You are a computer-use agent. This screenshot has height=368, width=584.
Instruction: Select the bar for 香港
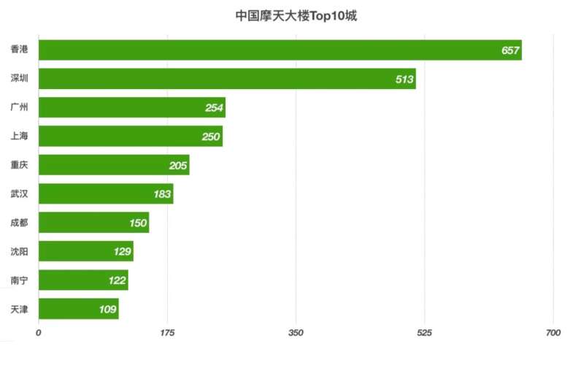coord(280,50)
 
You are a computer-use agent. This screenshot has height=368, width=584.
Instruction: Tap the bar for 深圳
coord(227,79)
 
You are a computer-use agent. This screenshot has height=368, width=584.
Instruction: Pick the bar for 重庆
coord(114,165)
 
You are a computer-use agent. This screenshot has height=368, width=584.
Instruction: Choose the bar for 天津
coord(78,309)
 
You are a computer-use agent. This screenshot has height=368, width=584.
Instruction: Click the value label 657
coord(510,50)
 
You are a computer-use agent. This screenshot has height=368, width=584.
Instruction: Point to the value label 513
coord(404,79)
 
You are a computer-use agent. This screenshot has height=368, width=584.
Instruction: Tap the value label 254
coord(214,108)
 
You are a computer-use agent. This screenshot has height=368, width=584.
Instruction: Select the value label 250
coord(211,137)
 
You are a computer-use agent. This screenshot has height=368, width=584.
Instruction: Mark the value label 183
coord(162,194)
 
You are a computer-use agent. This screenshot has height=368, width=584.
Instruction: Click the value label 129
coord(122,252)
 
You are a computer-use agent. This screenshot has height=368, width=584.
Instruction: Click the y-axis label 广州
coord(20,107)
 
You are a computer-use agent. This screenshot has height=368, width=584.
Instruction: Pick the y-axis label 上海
coord(20,137)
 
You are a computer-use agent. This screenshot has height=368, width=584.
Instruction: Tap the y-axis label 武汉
coord(20,193)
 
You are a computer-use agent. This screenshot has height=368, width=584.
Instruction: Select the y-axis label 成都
coord(20,223)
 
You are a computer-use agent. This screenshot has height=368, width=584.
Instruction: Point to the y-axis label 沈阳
coord(20,251)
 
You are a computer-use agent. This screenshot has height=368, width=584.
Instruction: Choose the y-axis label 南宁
coord(20,280)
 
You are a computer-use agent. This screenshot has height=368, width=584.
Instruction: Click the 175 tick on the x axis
coord(168,333)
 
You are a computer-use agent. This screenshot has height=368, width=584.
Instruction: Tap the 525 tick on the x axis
coord(425,333)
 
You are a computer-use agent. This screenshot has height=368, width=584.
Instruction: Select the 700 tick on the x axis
coord(553,333)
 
